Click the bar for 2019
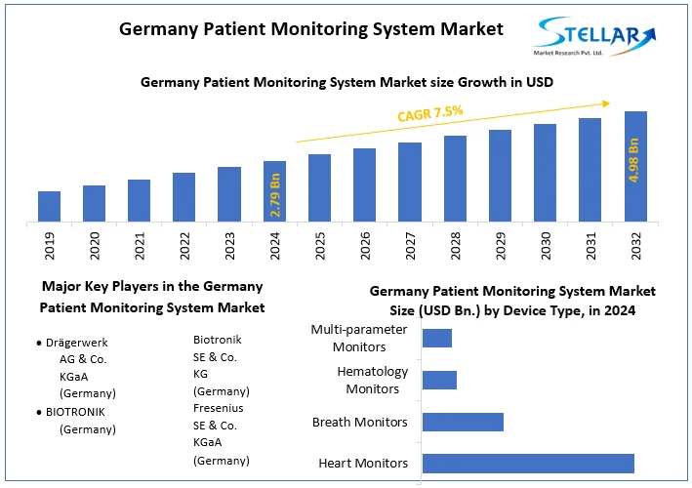click(49, 206)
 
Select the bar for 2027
click(410, 182)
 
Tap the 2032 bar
click(635, 166)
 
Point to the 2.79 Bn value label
click(275, 194)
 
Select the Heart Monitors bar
click(528, 464)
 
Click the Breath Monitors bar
click(463, 422)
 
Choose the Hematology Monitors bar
click(439, 380)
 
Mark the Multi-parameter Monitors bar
click(436, 338)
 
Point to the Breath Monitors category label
click(359, 423)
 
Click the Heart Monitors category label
click(363, 464)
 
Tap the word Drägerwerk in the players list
click(83, 344)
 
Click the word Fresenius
click(219, 408)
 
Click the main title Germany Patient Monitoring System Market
click(311, 29)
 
